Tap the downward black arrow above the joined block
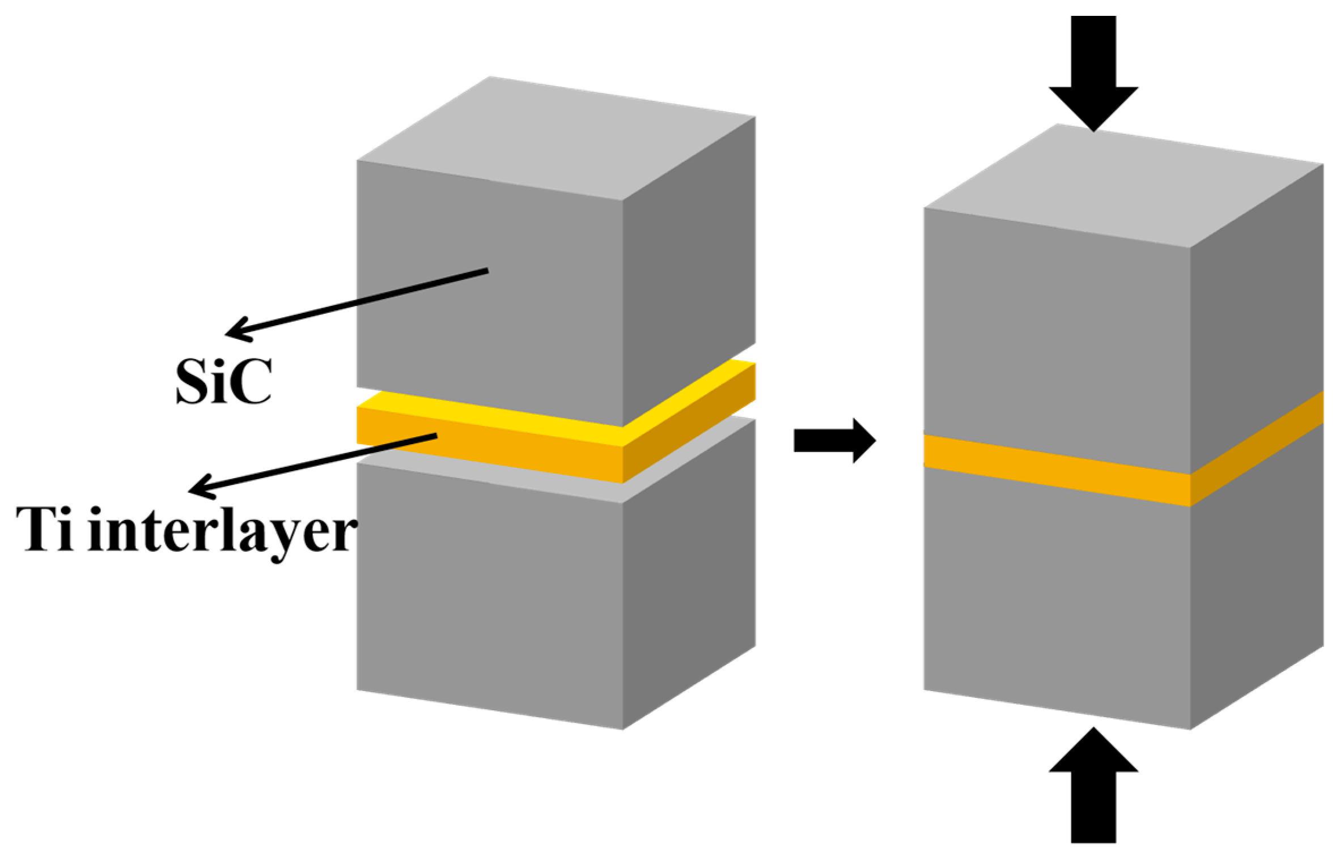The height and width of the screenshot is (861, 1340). (1093, 74)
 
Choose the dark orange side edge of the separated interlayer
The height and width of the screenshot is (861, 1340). (689, 425)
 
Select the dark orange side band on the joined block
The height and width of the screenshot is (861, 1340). (1256, 447)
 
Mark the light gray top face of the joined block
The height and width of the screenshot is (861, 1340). (1122, 187)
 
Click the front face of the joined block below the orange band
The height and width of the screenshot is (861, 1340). (1054, 595)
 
